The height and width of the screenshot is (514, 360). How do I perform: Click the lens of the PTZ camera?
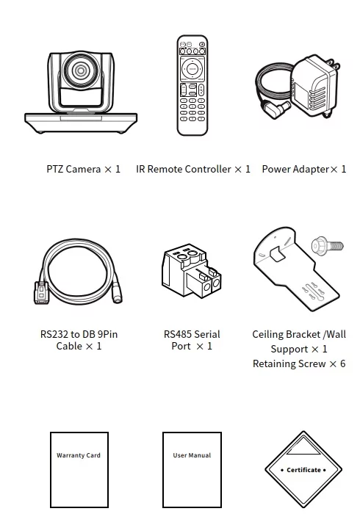tap(81, 70)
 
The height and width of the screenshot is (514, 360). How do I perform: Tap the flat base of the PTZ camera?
tap(81, 123)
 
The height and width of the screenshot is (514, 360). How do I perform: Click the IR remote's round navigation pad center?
tap(192, 69)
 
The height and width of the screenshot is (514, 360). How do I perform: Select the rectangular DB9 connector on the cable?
tap(41, 293)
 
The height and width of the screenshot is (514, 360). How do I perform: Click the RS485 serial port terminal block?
tap(192, 270)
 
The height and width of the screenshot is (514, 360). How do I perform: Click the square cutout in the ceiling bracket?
tap(277, 254)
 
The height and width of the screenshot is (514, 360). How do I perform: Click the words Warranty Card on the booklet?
tap(79, 455)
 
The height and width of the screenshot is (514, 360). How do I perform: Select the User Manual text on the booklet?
tap(192, 455)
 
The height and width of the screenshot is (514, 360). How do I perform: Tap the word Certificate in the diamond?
tap(303, 470)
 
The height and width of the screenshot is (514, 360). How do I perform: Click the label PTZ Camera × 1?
tap(83, 169)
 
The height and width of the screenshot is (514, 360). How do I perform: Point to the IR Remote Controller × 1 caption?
tap(193, 169)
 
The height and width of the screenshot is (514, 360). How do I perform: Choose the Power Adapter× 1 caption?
tap(304, 169)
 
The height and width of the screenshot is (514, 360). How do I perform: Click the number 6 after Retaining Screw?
tap(342, 363)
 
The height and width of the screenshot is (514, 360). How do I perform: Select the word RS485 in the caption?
tap(177, 334)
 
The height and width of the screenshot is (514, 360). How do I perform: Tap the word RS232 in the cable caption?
tap(54, 334)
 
